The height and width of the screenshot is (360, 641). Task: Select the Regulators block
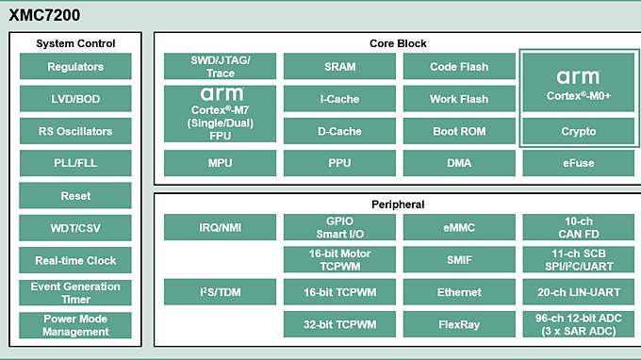(x=75, y=67)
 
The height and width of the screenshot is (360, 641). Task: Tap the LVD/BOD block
(x=75, y=99)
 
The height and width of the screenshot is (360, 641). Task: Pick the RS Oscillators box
(x=75, y=131)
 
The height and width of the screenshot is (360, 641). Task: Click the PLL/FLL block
(x=75, y=163)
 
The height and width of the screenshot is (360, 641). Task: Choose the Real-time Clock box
(x=75, y=260)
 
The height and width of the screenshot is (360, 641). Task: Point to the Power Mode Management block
(x=75, y=325)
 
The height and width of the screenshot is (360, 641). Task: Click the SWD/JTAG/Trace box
(x=220, y=66)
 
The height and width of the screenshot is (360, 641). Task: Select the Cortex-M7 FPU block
(x=220, y=115)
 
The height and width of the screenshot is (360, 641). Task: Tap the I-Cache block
(x=339, y=99)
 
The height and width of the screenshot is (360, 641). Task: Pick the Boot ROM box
(x=459, y=131)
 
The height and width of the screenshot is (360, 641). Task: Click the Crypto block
(x=578, y=131)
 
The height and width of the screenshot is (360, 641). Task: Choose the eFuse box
(x=578, y=163)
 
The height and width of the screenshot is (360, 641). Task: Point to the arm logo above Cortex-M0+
(x=578, y=77)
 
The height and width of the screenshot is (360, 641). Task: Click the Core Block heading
(x=398, y=43)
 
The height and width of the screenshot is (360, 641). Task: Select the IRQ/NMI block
(x=220, y=227)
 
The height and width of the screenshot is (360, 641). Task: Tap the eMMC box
(x=459, y=227)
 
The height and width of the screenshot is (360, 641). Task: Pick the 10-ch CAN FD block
(x=578, y=227)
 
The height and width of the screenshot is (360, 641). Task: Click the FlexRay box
(x=459, y=324)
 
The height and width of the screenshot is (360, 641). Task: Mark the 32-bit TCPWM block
(x=339, y=324)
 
